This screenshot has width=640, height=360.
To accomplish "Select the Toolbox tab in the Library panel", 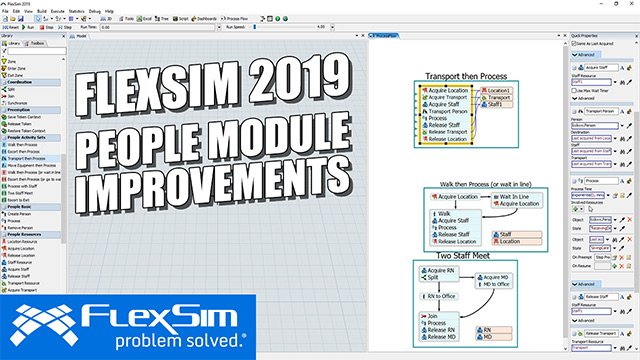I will point(37,44).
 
